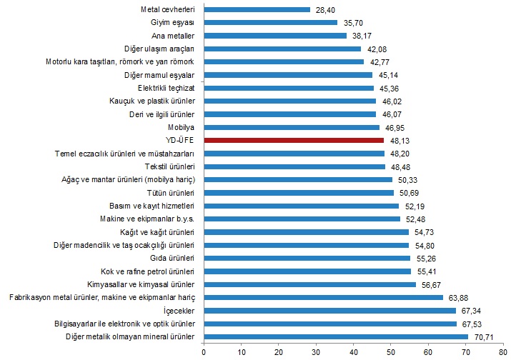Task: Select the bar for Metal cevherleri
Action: pos(257,9)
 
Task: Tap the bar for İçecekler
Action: pos(329,311)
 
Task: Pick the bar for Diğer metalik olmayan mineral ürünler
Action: pos(336,336)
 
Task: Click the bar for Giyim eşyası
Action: pos(271,22)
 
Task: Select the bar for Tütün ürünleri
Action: pos(299,193)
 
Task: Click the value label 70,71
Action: pos(482,336)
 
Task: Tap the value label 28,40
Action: pos(324,9)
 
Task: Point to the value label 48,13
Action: pos(399,140)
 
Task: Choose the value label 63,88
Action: pos(457,297)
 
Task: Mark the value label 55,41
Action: pos(426,271)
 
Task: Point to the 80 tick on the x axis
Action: pos(503,351)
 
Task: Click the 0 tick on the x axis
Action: pos(204,351)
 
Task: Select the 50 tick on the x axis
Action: pos(391,351)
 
